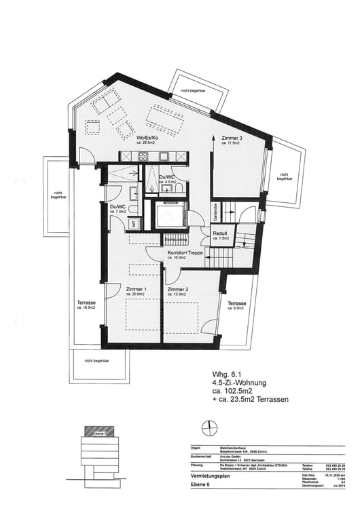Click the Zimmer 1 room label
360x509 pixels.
coord(137,289)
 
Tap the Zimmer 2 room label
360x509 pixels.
coord(177,289)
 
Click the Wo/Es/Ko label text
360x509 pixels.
coord(148,138)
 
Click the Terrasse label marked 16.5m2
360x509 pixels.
coord(86,303)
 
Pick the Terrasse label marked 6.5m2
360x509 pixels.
coord(236,303)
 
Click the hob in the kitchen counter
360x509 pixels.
coord(144,155)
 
